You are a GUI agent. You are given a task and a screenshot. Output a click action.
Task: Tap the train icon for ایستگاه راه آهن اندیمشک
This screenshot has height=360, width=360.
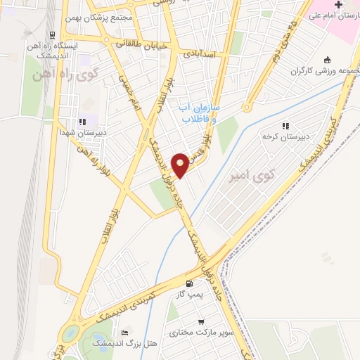[53, 34]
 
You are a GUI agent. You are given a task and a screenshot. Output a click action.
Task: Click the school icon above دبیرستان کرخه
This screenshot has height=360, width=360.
[285, 126]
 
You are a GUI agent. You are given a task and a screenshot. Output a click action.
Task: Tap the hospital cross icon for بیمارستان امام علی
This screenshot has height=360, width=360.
[338, 4]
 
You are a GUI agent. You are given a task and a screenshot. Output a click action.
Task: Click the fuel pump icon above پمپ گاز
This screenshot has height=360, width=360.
[188, 284]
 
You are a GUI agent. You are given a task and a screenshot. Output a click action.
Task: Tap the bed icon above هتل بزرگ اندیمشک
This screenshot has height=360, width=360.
[125, 332]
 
